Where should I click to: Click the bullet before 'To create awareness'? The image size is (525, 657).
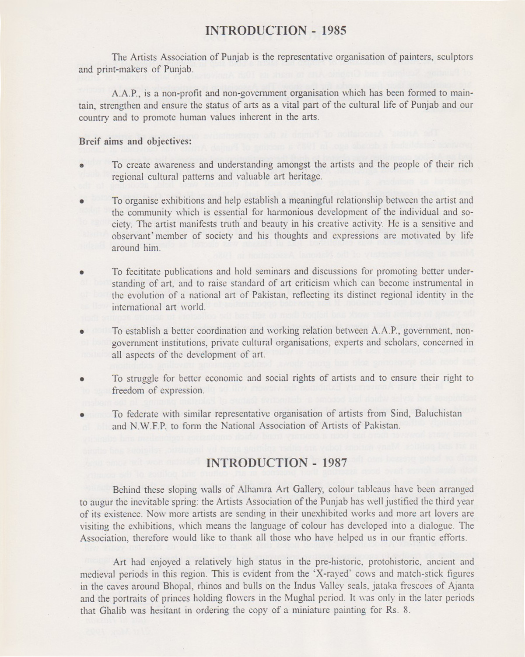tap(82, 166)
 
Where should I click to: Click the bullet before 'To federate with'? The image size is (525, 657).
tap(82, 414)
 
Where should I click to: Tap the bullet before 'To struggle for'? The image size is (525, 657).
tap(82, 378)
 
